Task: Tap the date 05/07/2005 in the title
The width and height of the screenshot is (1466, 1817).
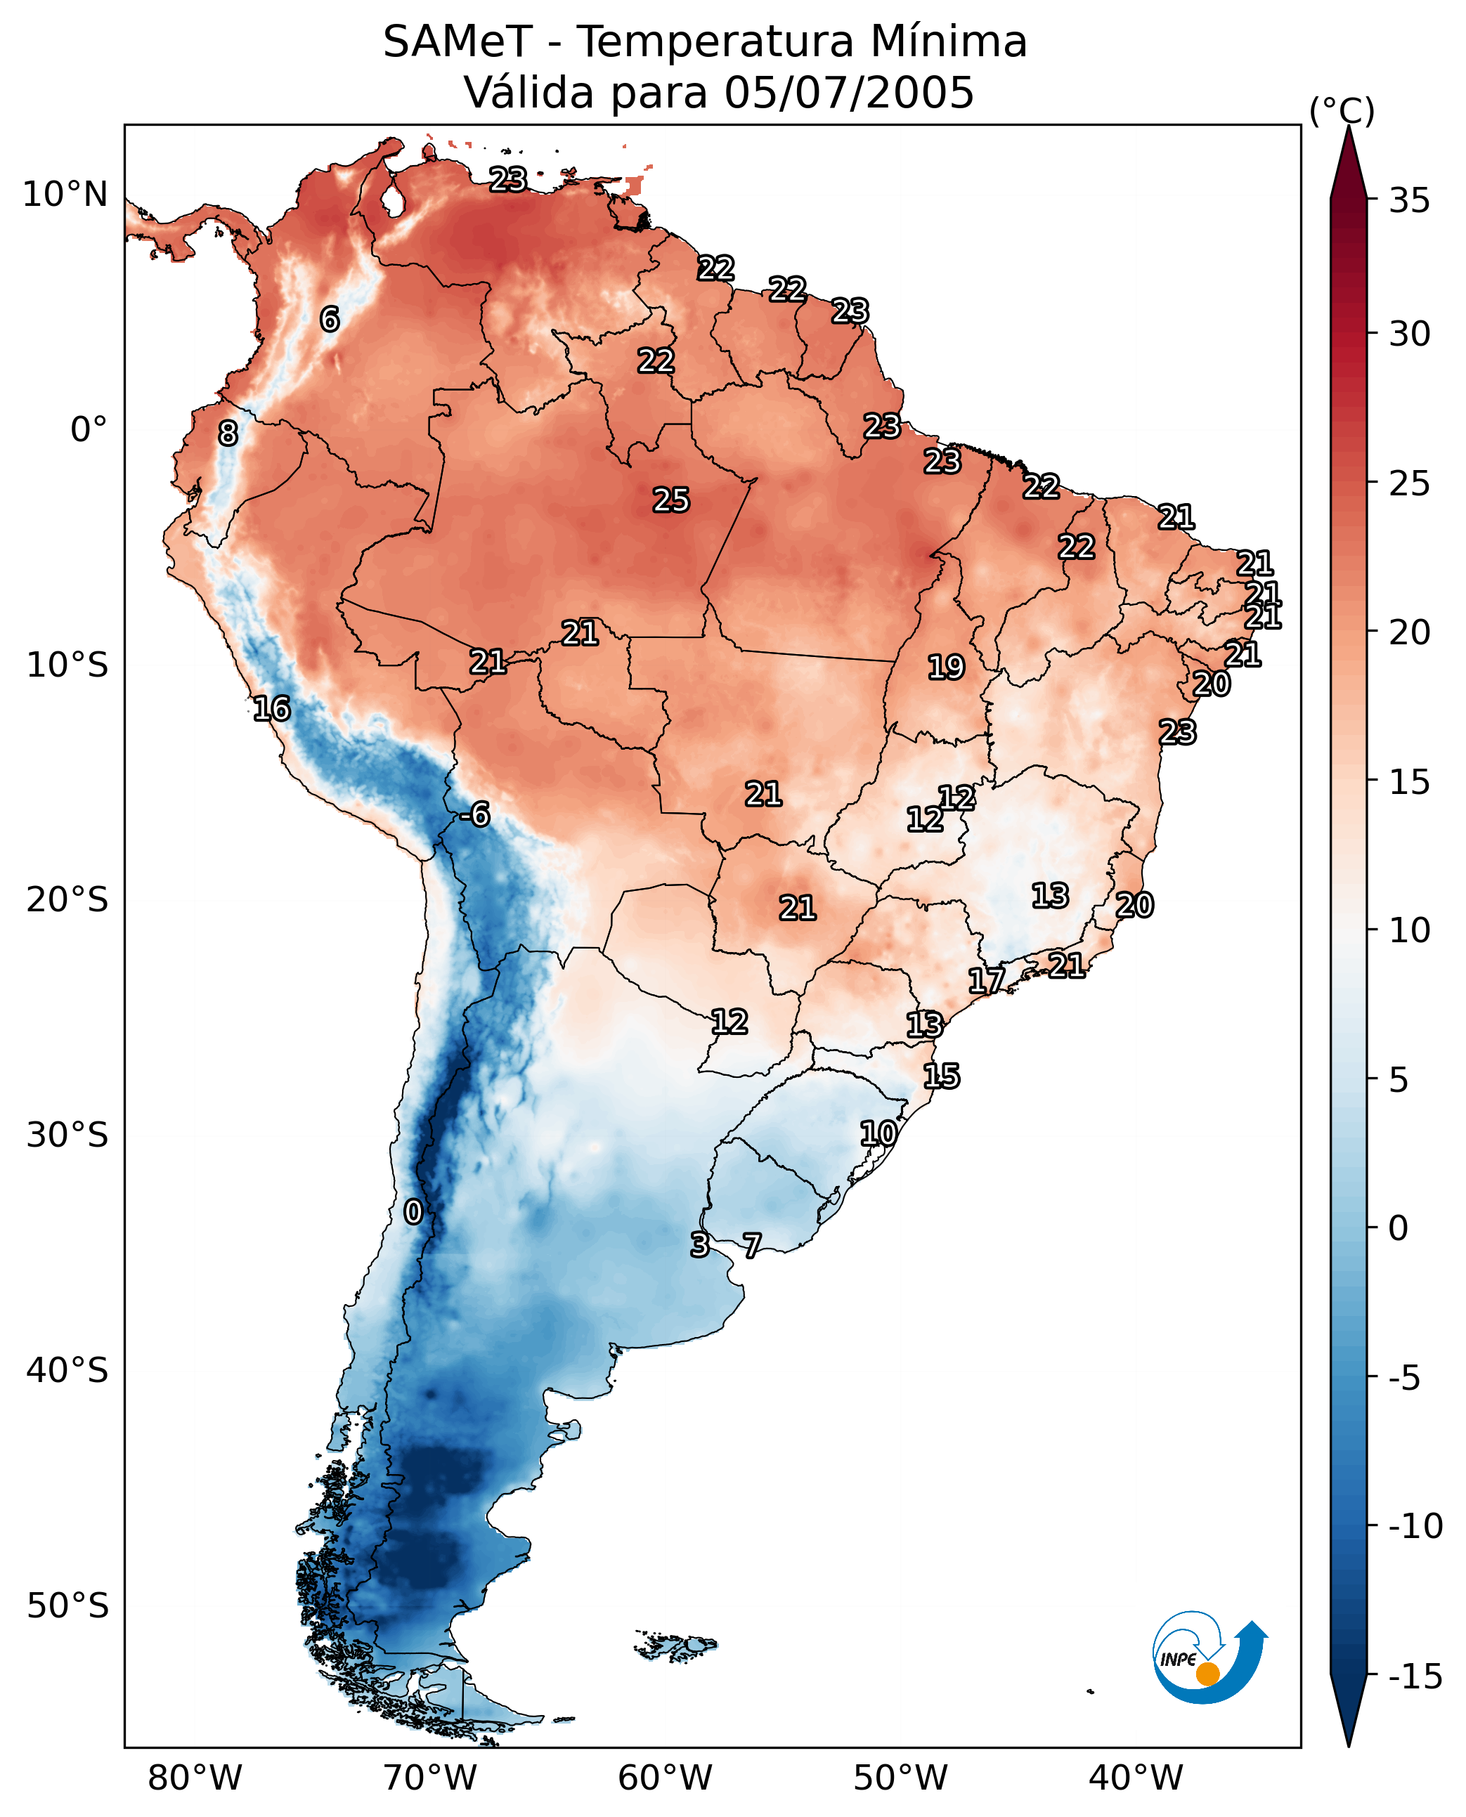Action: (x=849, y=93)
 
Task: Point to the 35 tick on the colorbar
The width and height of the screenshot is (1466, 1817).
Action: (x=1409, y=201)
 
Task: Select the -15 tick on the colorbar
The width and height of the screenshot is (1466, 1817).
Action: (x=1415, y=1676)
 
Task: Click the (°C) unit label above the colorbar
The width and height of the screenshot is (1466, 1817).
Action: (x=1342, y=110)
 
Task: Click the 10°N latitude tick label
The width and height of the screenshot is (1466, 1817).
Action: (x=65, y=195)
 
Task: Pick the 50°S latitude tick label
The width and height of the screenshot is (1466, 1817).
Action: (x=67, y=1605)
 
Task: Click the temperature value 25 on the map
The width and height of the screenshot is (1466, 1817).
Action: (x=671, y=501)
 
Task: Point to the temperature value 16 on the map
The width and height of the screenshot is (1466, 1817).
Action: (x=272, y=708)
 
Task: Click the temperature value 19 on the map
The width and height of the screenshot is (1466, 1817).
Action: (x=946, y=668)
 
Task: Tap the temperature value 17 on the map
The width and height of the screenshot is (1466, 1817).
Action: (x=986, y=980)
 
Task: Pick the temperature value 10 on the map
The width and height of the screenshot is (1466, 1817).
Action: (x=878, y=1133)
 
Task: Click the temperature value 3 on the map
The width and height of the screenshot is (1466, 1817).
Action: (x=699, y=1244)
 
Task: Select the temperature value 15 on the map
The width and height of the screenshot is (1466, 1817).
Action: (x=942, y=1076)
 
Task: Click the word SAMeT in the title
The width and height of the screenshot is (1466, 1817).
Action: (x=457, y=42)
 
